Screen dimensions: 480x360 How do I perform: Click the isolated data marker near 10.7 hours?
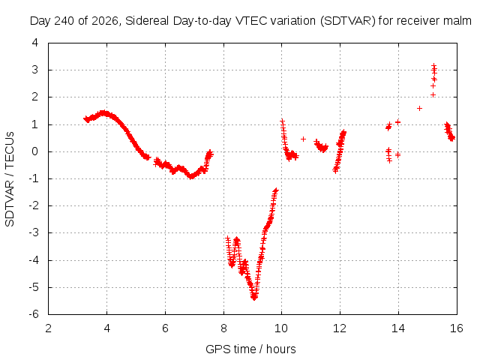[x=303, y=139]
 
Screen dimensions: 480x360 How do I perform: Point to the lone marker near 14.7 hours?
[x=419, y=108]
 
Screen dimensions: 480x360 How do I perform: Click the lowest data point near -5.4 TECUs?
[x=254, y=298]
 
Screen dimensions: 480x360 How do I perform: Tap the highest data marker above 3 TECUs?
[x=433, y=65]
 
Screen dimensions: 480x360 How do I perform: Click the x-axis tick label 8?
[x=223, y=328]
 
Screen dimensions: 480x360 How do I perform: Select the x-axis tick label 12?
[x=340, y=328]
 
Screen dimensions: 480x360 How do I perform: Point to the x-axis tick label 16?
[x=457, y=328]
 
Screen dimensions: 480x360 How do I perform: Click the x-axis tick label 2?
[x=48, y=328]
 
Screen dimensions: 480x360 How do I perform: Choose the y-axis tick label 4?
[x=35, y=43]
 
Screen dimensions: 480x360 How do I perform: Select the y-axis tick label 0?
[x=35, y=151]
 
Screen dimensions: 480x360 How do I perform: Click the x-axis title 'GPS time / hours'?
[x=250, y=349]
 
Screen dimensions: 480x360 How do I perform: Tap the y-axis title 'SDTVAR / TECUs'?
[x=10, y=179]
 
